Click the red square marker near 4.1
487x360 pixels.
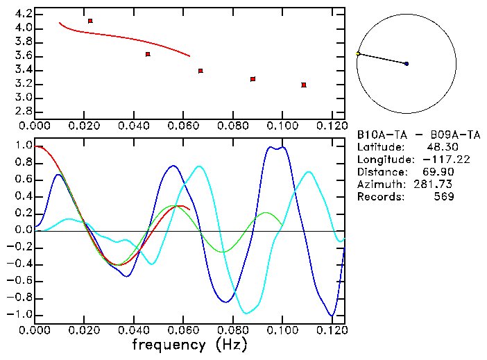[90, 21]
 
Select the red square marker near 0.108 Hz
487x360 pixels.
[304, 85]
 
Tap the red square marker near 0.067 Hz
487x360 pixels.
[200, 71]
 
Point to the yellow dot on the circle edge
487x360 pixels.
[358, 53]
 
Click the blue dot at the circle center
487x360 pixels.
[407, 64]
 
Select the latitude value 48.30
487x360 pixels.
[441, 147]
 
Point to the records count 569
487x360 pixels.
[444, 197]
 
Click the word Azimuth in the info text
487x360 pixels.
[379, 185]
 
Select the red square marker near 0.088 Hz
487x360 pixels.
[253, 79]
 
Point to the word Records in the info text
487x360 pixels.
[379, 197]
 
